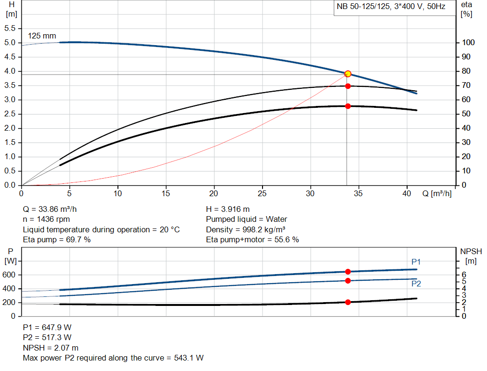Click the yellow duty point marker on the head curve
[x=348, y=74]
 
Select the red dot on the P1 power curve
[x=348, y=272]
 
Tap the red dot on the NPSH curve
[x=348, y=302]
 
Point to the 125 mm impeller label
[x=42, y=36]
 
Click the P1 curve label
[x=416, y=262]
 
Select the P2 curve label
[x=416, y=284]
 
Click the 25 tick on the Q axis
[x=262, y=193]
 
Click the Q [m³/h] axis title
[x=437, y=193]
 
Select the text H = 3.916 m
[x=228, y=209]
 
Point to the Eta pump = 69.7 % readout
[x=57, y=239]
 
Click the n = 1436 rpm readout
[x=46, y=219]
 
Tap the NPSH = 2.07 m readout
[x=51, y=348]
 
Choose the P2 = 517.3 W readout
[x=48, y=337]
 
